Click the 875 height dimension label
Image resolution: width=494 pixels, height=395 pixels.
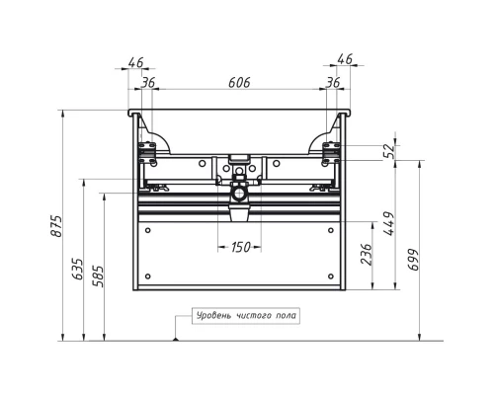point(56,226)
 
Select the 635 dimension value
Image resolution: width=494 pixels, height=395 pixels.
point(78,269)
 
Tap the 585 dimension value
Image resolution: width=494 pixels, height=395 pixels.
point(98,276)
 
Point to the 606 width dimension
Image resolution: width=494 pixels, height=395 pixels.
point(239,83)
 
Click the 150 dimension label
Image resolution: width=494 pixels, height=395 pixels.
point(241,247)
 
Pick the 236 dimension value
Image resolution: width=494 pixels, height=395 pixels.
point(367,254)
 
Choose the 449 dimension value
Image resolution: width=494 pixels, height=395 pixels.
point(389,223)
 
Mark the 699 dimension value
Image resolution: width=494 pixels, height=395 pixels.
point(414,260)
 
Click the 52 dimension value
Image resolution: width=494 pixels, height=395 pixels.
point(389,151)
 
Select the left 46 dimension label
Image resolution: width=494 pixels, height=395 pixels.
point(135,62)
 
